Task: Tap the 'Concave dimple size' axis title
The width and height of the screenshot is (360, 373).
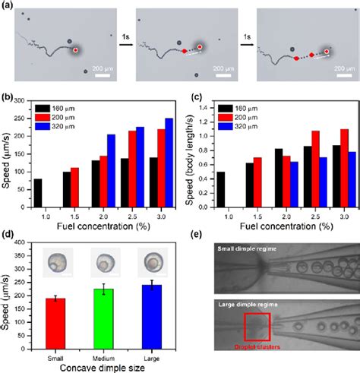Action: pyautogui.click(x=100, y=367)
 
